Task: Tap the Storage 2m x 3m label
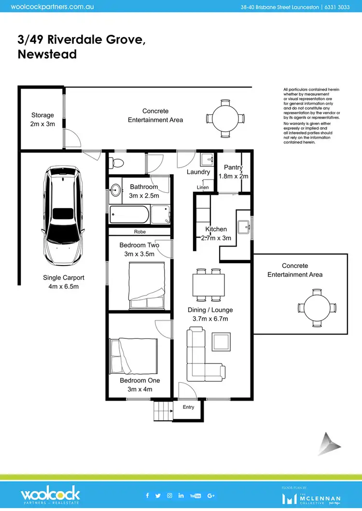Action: click(x=42, y=120)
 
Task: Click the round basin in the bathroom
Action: click(x=116, y=190)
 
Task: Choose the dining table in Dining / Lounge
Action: click(x=209, y=284)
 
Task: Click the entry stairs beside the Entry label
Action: click(x=163, y=412)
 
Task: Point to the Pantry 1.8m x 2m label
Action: click(x=233, y=172)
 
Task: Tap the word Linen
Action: click(x=203, y=188)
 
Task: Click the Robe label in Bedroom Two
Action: click(x=139, y=232)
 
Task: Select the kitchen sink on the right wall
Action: click(x=247, y=226)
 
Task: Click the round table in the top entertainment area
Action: click(x=225, y=118)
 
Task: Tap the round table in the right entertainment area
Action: click(x=317, y=308)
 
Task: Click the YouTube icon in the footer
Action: click(x=195, y=495)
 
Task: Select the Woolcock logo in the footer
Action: click(x=50, y=495)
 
